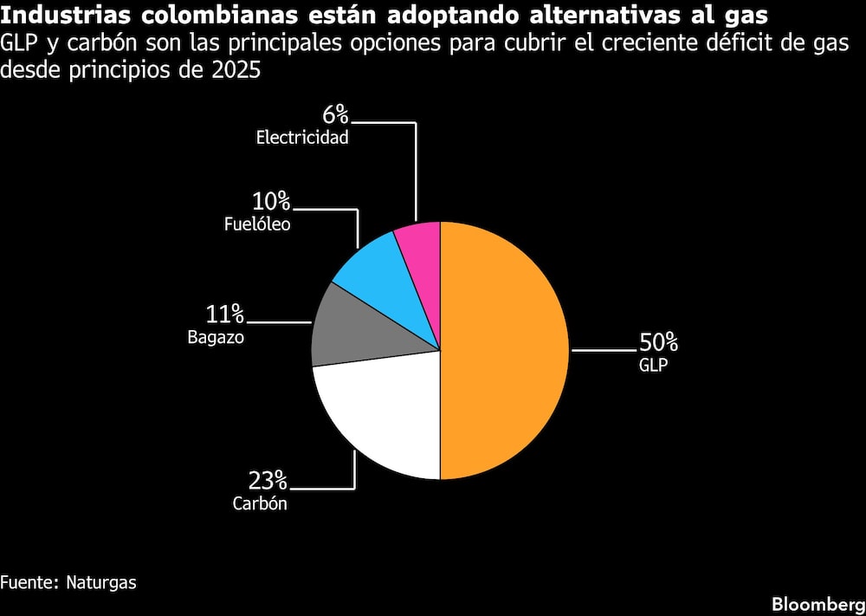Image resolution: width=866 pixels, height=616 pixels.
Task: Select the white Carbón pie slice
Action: (x=381, y=416)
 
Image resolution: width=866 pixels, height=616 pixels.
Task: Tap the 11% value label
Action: (x=224, y=314)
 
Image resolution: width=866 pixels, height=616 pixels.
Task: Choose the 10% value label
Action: (x=271, y=202)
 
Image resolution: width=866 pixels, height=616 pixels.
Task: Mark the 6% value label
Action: (x=336, y=114)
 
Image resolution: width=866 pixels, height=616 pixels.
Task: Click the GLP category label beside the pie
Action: (x=654, y=365)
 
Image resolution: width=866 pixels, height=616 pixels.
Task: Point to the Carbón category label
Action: (x=259, y=503)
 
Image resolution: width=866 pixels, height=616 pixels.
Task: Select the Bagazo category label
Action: (x=216, y=337)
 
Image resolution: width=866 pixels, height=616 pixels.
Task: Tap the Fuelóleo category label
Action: (x=257, y=224)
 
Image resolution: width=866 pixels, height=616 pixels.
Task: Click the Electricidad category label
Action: (x=302, y=137)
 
